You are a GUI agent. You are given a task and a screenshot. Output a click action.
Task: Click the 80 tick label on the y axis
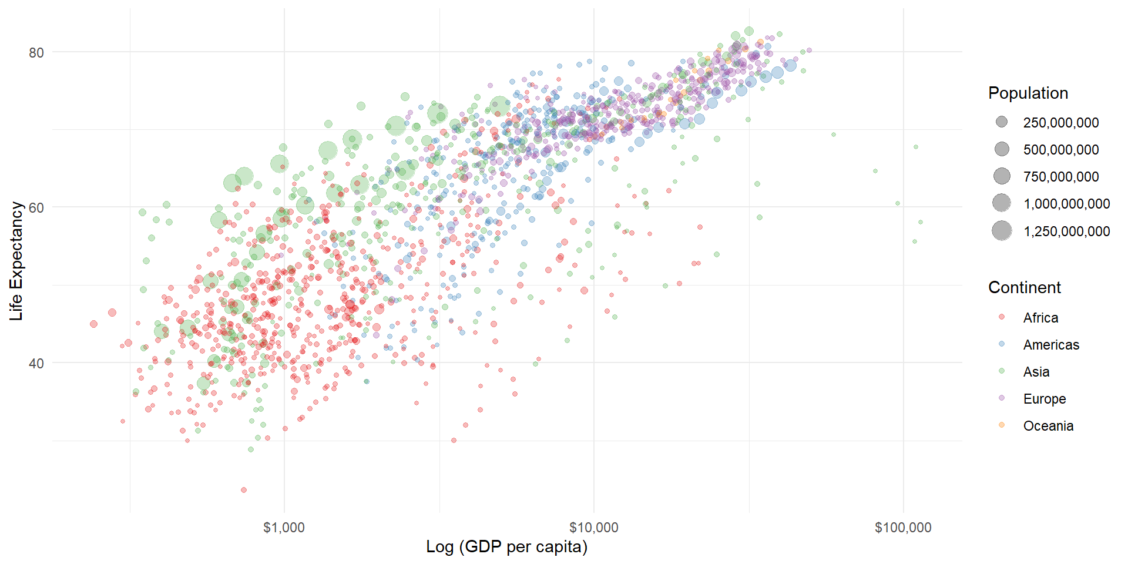[36, 53]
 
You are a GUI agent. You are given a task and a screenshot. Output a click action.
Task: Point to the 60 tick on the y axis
[36, 208]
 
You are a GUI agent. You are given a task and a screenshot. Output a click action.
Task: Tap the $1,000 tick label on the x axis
[284, 528]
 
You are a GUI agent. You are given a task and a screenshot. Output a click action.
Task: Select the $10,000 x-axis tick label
[593, 528]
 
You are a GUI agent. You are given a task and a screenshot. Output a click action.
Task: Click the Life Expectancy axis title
[16, 261]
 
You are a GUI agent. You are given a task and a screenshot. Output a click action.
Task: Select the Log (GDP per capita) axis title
[506, 547]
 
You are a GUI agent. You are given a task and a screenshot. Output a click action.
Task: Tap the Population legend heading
[1028, 93]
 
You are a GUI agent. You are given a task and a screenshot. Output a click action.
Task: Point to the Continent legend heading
[1024, 288]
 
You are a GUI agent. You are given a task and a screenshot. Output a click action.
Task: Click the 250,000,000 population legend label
[1060, 123]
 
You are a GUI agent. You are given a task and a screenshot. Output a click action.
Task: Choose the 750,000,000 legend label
[1060, 177]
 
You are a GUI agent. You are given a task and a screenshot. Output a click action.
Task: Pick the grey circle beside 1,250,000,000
[1002, 231]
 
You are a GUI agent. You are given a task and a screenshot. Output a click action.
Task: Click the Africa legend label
[1040, 318]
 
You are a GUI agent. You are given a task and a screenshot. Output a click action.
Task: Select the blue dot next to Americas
[1002, 344]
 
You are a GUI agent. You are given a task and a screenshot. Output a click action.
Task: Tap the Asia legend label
[1036, 372]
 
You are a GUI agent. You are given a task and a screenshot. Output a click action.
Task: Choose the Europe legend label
[1044, 399]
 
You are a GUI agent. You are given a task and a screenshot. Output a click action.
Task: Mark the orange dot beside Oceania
[1002, 425]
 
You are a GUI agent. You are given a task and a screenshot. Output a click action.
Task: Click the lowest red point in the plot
[244, 490]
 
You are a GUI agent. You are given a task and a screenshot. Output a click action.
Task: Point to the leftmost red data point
[93, 324]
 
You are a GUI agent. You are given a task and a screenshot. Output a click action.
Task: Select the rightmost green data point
[921, 222]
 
